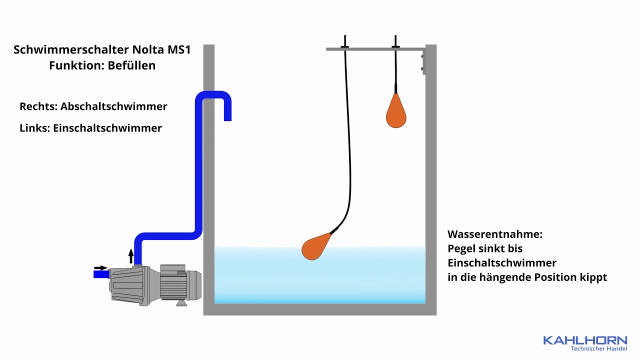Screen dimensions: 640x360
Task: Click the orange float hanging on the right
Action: coord(396,111)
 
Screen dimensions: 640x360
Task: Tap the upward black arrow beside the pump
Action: coord(131,256)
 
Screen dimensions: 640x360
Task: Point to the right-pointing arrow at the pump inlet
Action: coord(100,268)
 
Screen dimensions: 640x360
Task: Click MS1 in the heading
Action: coord(179,49)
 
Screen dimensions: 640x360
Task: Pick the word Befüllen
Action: coord(131,65)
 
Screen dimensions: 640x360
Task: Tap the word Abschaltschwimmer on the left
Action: coord(113,106)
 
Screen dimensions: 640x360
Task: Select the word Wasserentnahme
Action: coord(495,234)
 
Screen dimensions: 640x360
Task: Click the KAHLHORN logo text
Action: coord(585,340)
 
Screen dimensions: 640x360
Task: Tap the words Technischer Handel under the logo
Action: coord(599,348)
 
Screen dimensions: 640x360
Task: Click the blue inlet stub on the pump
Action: coord(101,274)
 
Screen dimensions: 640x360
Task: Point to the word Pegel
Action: coord(461,249)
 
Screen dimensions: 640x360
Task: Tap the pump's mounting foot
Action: coord(181,303)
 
